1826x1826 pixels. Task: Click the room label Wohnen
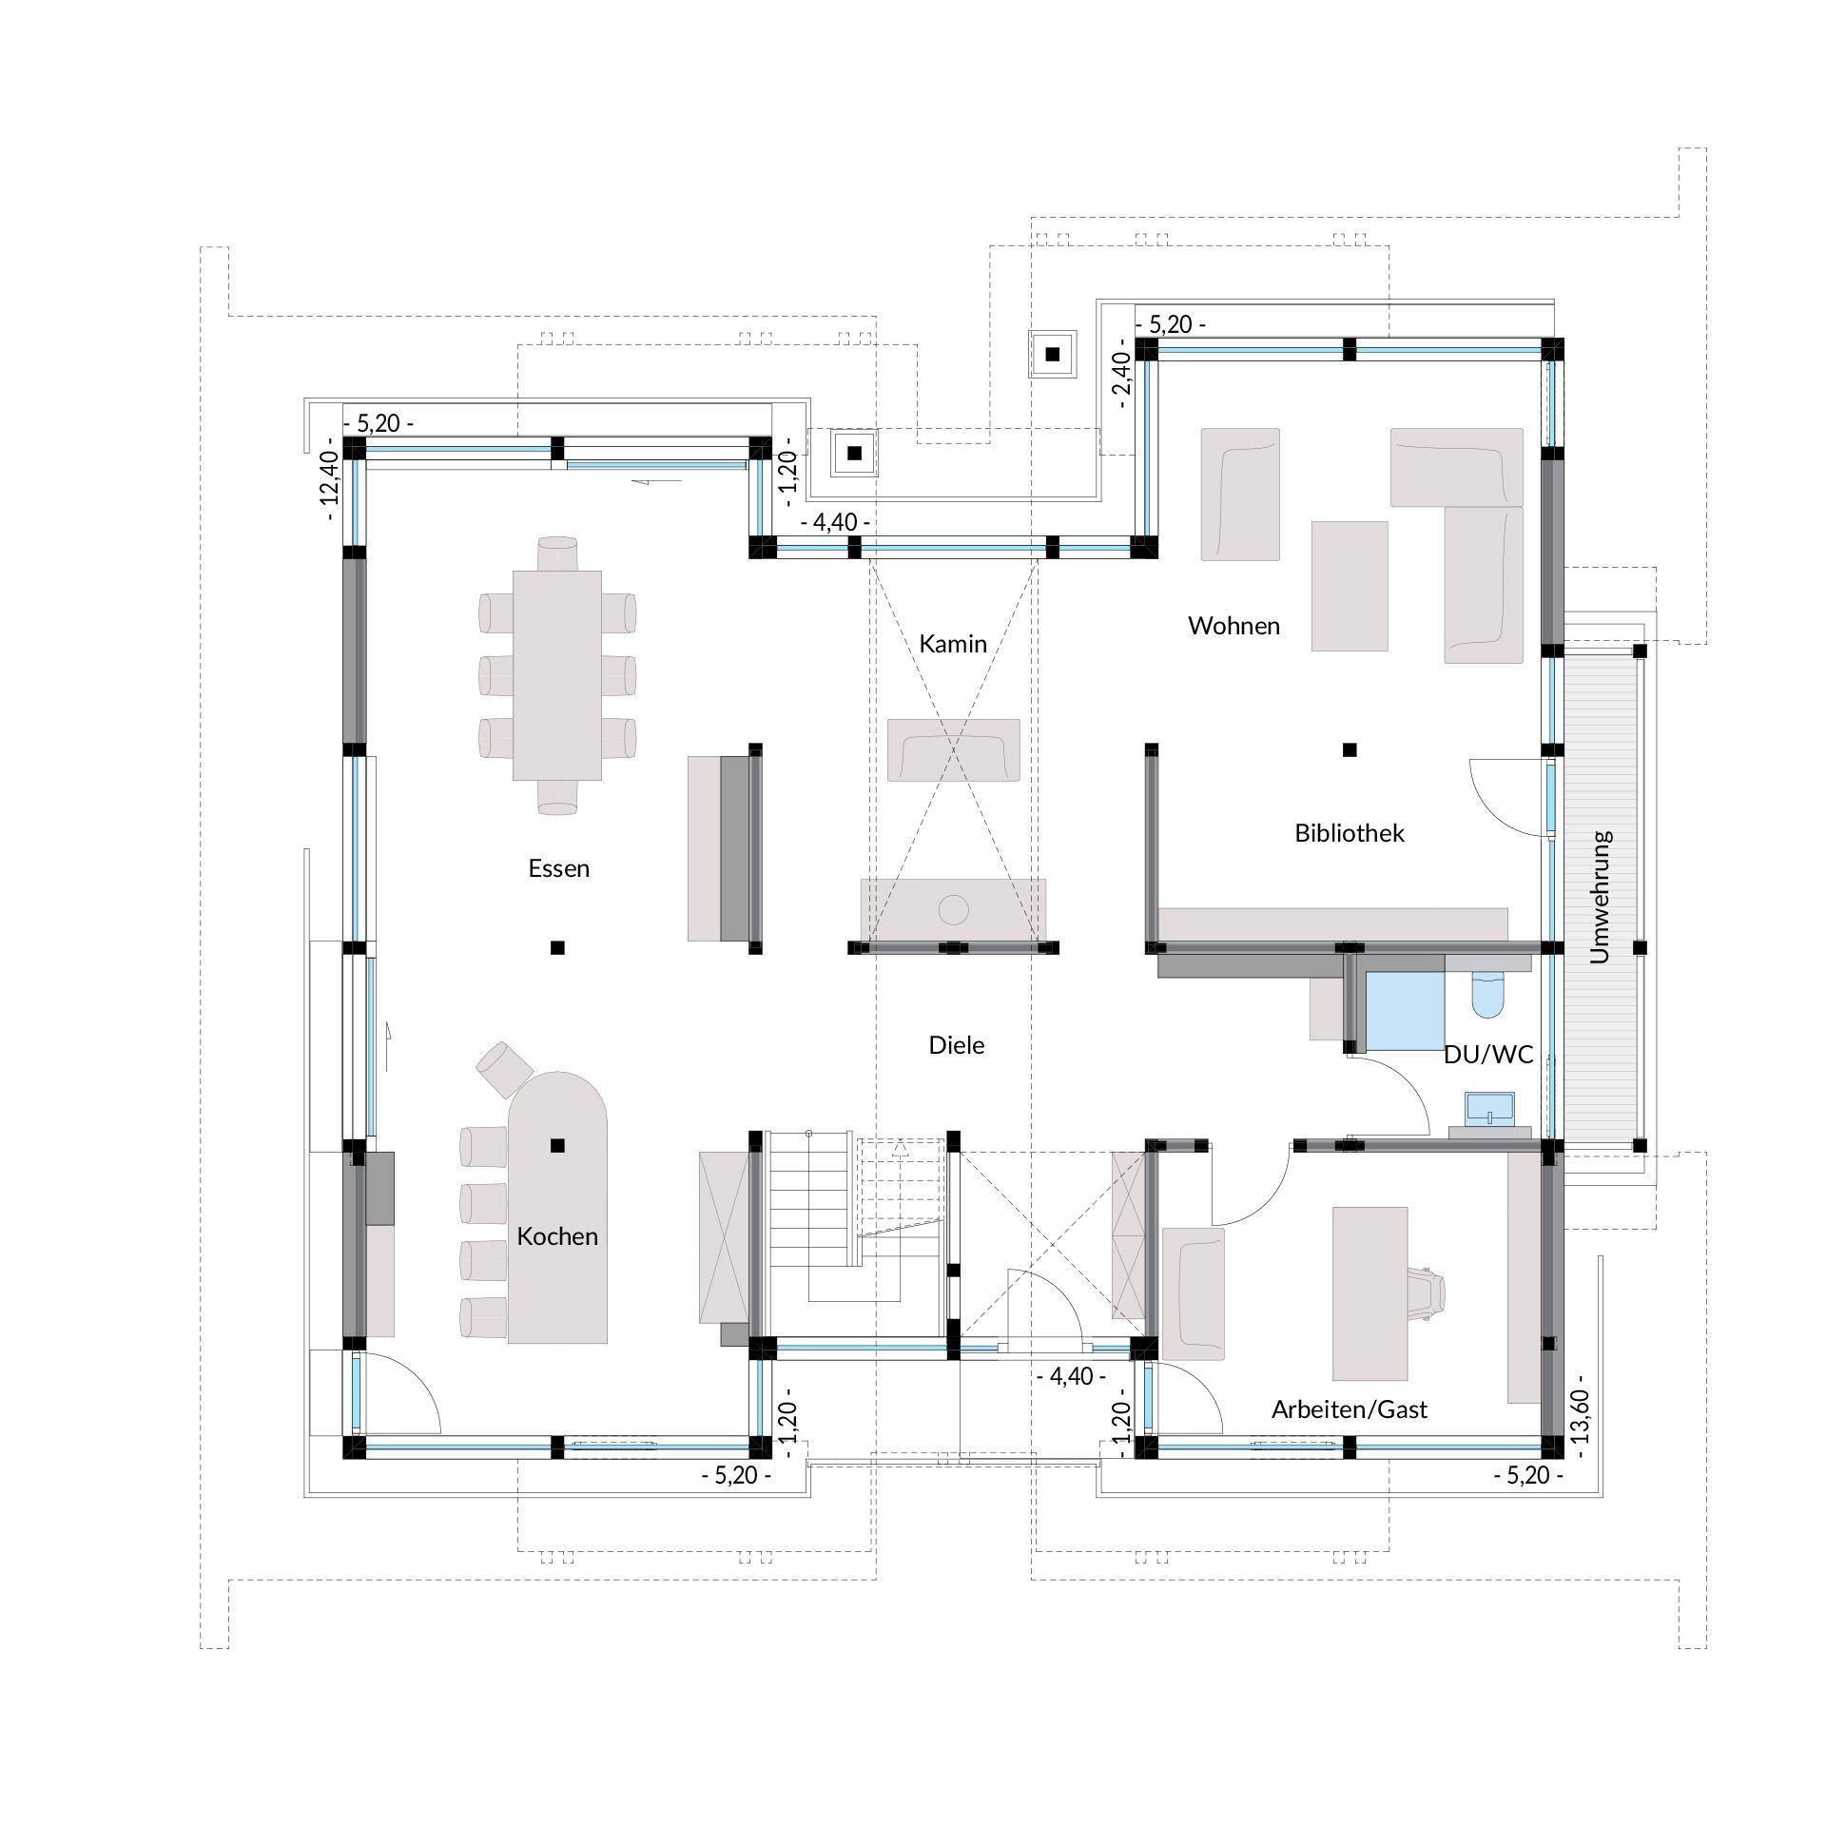pyautogui.click(x=1234, y=626)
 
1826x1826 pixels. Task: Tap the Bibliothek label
pyautogui.click(x=1350, y=833)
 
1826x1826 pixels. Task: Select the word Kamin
pyautogui.click(x=953, y=644)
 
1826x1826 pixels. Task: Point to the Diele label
pyautogui.click(x=957, y=1045)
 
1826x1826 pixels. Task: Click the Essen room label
pyautogui.click(x=559, y=868)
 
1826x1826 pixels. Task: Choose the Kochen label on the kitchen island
pyautogui.click(x=557, y=1236)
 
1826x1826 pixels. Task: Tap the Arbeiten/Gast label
pyautogui.click(x=1350, y=1409)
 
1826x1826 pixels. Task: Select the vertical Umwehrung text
pyautogui.click(x=1601, y=897)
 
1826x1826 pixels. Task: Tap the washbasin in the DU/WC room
pyautogui.click(x=1489, y=1108)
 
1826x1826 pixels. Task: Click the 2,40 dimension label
pyautogui.click(x=1123, y=379)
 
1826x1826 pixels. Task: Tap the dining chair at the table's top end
pyautogui.click(x=557, y=554)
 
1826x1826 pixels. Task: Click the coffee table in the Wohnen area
pyautogui.click(x=1350, y=586)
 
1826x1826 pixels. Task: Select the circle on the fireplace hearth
pyautogui.click(x=953, y=909)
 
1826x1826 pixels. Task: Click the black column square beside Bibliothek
pyautogui.click(x=1349, y=749)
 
